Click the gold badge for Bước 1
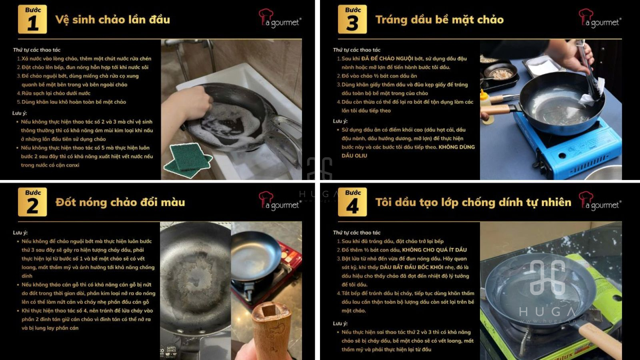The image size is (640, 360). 32,19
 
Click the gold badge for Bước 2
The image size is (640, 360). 32,202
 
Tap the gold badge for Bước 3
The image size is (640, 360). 352,19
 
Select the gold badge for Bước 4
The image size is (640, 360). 352,202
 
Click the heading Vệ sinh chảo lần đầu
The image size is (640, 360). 112,20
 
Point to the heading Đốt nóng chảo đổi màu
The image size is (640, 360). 120,202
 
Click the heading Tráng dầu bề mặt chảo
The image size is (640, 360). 439,20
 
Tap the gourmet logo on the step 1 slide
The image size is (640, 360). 280,19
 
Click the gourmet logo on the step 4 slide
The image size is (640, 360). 600,202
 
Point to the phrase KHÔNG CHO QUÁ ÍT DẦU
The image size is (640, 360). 434,250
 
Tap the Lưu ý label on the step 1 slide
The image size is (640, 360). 19,113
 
